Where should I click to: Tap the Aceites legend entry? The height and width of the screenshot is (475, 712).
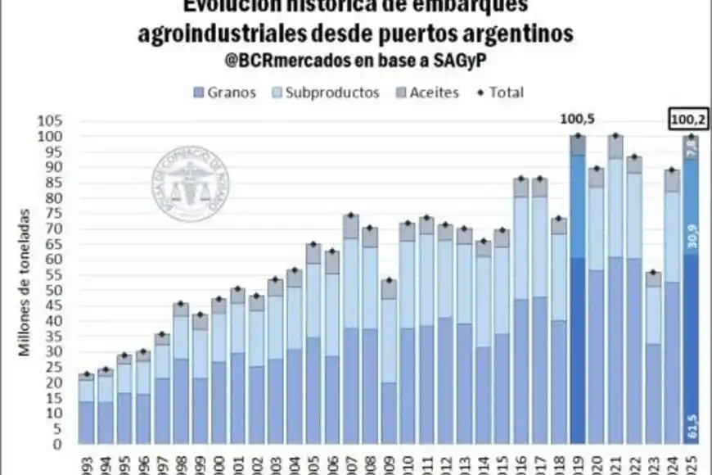(x=433, y=93)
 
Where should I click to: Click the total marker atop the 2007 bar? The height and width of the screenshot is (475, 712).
(x=350, y=215)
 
